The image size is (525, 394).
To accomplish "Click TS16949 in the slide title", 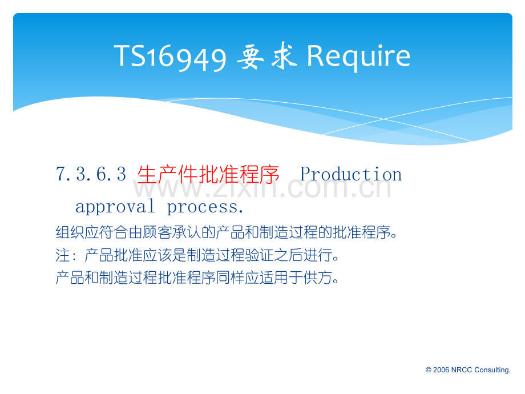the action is [x=171, y=57].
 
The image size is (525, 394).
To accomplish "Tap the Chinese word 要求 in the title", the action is [x=267, y=56].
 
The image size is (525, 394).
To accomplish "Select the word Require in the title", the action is [x=358, y=57].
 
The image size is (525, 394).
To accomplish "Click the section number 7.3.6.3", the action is [x=91, y=174].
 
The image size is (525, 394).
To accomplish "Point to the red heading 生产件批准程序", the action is [x=208, y=174].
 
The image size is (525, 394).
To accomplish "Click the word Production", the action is [x=351, y=174].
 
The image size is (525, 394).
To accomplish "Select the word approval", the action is [x=115, y=206].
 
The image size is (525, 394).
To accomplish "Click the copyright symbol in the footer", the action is [x=428, y=370].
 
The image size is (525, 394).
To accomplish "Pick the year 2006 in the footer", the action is [x=441, y=370].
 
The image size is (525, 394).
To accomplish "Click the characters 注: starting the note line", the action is [x=66, y=255].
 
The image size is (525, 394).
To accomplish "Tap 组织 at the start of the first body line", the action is [x=70, y=232].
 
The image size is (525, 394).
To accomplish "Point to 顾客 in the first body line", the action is [x=157, y=232].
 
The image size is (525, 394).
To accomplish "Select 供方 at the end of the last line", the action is [x=318, y=278].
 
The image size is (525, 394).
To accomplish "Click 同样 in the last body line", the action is [x=231, y=278].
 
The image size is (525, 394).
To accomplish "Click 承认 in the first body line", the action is [x=187, y=232].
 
